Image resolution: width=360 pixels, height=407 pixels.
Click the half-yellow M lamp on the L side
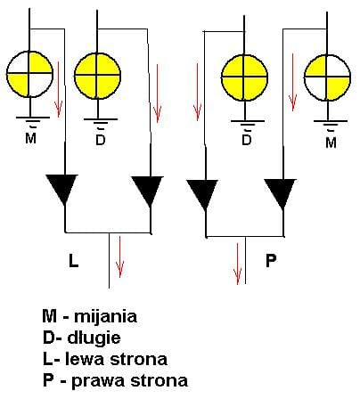[29, 74]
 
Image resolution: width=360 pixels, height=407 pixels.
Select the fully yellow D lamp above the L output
[97, 76]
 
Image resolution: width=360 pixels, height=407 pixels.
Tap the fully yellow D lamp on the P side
[244, 77]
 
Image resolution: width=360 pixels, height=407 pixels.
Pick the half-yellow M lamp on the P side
[327, 77]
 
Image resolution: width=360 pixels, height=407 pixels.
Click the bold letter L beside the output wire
[73, 261]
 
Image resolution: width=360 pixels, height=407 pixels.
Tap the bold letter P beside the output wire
[271, 260]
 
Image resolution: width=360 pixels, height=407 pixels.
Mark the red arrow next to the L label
[119, 256]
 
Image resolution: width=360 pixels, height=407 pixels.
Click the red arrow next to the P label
[238, 264]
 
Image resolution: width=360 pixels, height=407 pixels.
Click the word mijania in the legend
[105, 316]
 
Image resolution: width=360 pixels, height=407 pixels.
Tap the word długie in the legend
[94, 338]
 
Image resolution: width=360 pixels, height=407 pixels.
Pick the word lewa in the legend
[86, 359]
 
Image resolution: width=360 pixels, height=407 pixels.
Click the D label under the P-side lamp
[247, 140]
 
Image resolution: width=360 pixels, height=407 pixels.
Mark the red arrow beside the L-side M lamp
[58, 89]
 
